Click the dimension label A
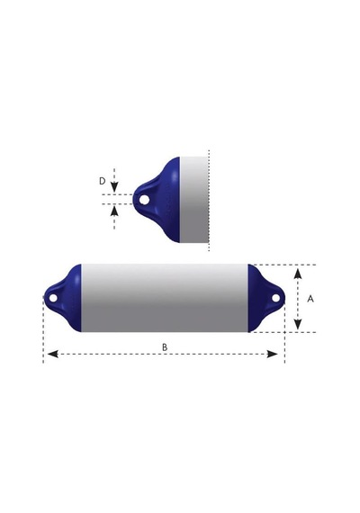(310, 299)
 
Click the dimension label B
(165, 347)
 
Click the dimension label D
(103, 181)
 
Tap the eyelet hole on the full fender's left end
(53, 298)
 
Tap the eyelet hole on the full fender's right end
(276, 298)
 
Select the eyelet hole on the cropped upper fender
(144, 199)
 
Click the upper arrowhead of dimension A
(298, 274)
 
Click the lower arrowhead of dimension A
(298, 324)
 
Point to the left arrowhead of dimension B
(53, 354)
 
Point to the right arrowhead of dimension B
(273, 354)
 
